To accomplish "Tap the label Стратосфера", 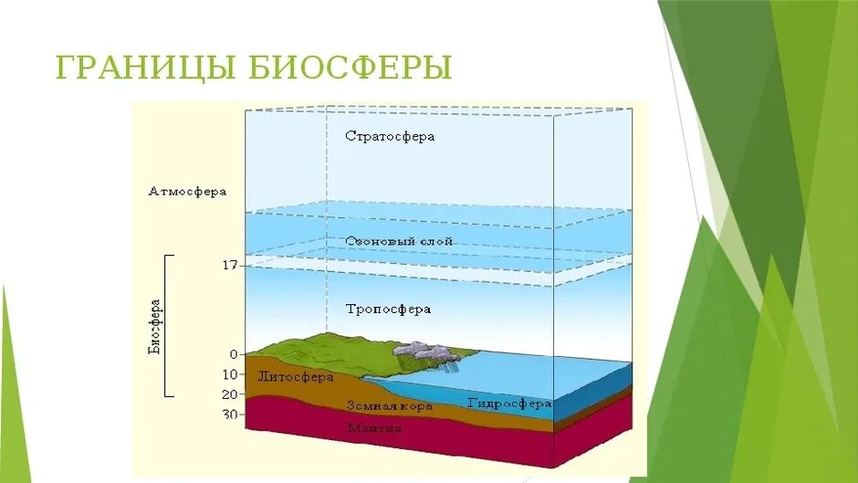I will pos(390,136).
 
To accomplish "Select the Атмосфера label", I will pos(187,193).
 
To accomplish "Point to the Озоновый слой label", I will pos(399,241).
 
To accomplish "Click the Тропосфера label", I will pos(388,310).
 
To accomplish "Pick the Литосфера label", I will pos(296,376).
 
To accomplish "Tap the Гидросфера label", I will pos(509,403).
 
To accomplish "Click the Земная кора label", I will pos(389,404).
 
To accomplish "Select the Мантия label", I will pos(373,427).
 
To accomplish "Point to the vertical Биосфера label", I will pos(156,326).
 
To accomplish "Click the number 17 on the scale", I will pos(229,266).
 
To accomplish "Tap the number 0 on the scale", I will pos(234,354).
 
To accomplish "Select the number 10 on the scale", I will pos(229,374).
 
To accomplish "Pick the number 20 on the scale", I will pos(229,394).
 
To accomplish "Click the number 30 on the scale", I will pos(229,415).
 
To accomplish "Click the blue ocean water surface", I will pos(548,370).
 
